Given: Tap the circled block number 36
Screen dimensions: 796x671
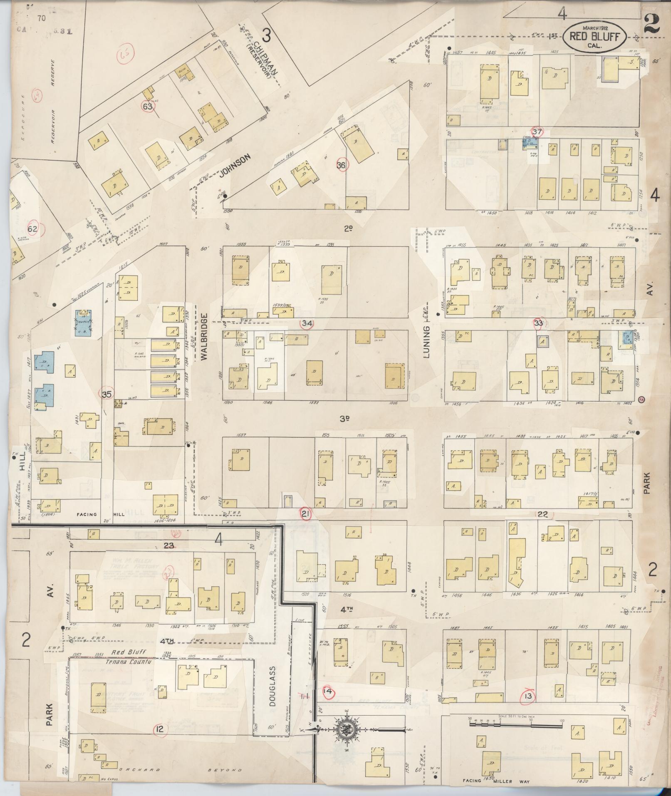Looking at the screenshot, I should [342, 165].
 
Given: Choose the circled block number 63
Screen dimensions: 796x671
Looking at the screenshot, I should [148, 106].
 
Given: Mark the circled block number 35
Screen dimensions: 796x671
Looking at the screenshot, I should [106, 394].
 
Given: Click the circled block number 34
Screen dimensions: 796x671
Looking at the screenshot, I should [307, 323].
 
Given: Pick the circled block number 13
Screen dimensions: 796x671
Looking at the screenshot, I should [529, 696].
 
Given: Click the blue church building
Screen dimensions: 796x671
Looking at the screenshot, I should [83, 322].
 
